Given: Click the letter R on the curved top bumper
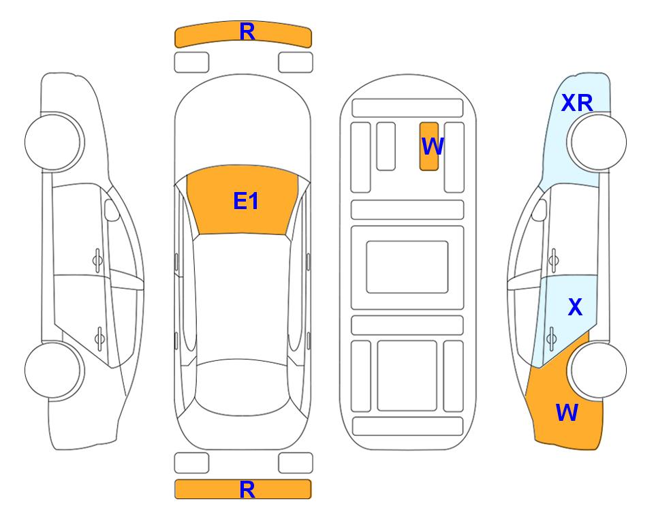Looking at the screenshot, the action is (x=247, y=32).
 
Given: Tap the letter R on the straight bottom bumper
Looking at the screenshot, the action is (x=247, y=490).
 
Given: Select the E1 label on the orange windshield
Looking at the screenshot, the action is (x=246, y=201).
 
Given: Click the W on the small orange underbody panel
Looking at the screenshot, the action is (x=432, y=146).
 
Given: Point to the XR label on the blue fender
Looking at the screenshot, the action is (x=577, y=103).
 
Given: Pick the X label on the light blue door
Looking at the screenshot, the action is (x=575, y=307).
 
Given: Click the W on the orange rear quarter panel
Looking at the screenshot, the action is (x=567, y=413).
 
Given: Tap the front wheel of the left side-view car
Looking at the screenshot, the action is (x=53, y=142).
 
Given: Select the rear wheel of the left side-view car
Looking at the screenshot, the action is (x=53, y=370).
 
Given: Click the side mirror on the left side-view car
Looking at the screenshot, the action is (x=111, y=210).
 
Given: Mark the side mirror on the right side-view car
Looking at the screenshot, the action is (x=540, y=210).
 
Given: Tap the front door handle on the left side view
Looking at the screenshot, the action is (x=97, y=261).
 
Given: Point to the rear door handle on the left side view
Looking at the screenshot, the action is (x=99, y=338).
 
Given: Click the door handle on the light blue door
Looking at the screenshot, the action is (x=552, y=338).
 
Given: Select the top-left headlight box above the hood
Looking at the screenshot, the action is (x=191, y=63).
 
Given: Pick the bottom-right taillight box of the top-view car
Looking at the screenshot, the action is (x=296, y=463).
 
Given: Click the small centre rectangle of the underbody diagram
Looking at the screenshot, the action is (x=407, y=267).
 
